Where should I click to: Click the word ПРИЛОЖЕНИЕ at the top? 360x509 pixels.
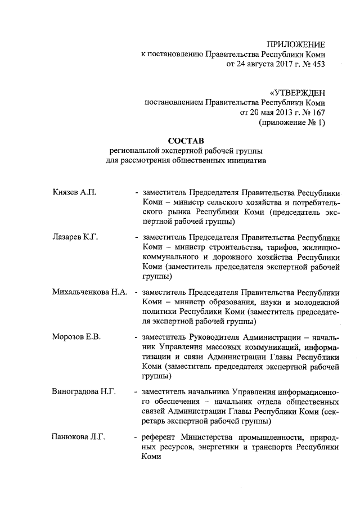(295, 44)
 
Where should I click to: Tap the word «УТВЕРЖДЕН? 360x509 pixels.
(297, 93)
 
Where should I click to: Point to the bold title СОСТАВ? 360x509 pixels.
(185, 140)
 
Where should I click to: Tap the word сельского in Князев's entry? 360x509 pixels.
(222, 202)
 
